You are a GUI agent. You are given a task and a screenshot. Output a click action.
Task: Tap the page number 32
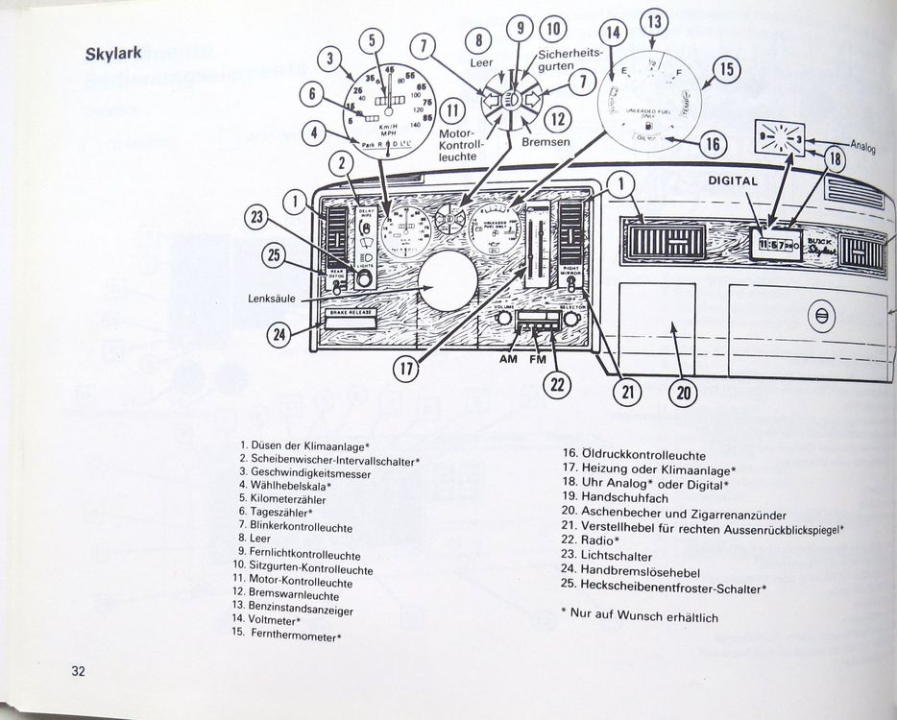[79, 670]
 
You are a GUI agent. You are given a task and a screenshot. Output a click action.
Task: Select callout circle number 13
[654, 22]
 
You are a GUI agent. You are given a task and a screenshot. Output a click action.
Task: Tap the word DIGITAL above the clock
[733, 180]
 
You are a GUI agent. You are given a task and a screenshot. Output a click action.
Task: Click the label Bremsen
[545, 141]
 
